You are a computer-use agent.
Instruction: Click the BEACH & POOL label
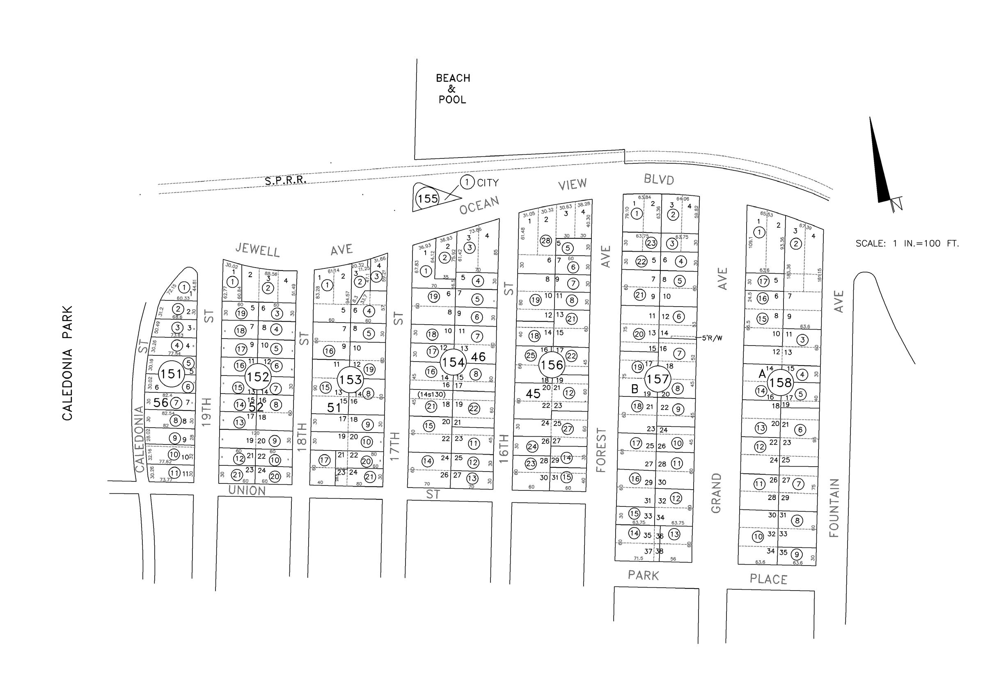tap(452, 89)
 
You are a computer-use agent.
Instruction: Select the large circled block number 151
tap(171, 373)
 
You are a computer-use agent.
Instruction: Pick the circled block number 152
tap(258, 377)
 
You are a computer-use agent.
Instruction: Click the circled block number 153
tap(350, 380)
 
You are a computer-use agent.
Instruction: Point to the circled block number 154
tap(453, 362)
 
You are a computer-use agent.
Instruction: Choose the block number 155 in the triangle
tap(427, 199)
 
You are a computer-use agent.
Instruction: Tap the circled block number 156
tap(551, 365)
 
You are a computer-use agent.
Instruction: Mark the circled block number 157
tap(657, 379)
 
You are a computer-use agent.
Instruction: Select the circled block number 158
tap(780, 382)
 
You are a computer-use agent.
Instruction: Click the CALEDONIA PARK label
tap(67, 363)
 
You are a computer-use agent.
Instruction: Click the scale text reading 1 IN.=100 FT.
tap(907, 243)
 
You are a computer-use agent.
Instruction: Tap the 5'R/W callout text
tap(712, 338)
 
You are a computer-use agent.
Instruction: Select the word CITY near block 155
tap(488, 183)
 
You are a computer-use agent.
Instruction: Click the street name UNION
tap(247, 490)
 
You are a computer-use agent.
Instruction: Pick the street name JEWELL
tap(257, 250)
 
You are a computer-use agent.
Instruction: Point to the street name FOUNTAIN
tap(834, 508)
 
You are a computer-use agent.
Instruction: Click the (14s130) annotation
tap(431, 394)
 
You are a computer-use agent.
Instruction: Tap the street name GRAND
tap(716, 493)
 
